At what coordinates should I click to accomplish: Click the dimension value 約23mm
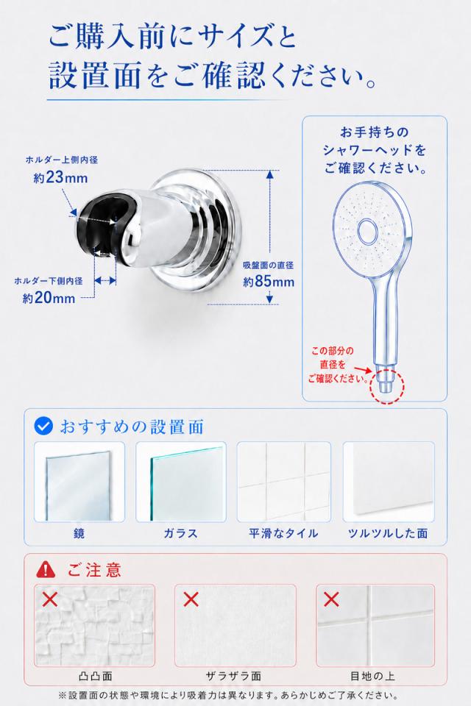(x=60, y=177)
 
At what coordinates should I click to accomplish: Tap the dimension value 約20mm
(x=49, y=298)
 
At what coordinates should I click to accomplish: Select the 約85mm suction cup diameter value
(x=269, y=282)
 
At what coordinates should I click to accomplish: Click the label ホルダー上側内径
(x=61, y=160)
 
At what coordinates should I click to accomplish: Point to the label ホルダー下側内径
(x=49, y=280)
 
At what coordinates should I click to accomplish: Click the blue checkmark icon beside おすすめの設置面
(x=43, y=426)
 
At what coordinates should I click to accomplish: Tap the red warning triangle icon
(x=46, y=569)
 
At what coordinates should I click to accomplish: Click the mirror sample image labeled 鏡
(x=79, y=482)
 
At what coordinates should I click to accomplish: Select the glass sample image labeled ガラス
(x=181, y=482)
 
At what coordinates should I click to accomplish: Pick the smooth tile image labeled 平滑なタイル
(x=284, y=482)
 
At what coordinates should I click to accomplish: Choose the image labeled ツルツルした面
(x=389, y=482)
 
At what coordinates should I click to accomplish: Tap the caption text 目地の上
(x=372, y=676)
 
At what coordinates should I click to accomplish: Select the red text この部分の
(x=333, y=351)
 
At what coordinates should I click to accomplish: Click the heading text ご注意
(x=94, y=570)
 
